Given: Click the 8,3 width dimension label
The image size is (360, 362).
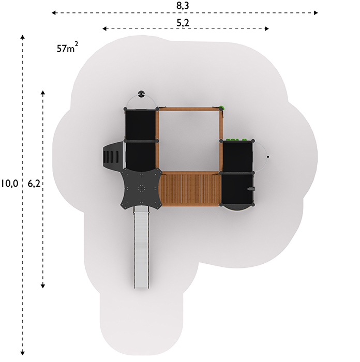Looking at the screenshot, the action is coord(183,5).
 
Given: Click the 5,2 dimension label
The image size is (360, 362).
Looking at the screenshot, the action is coord(183,23).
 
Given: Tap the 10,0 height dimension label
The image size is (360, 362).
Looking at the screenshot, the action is coord(9,184).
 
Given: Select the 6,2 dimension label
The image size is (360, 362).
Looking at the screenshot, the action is coord(34,184).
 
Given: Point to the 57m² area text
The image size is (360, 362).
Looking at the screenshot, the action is coord(67,48).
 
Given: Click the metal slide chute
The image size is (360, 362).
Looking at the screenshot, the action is coord(141,247).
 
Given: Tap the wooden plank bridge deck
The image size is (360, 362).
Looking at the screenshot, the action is coord(190,189).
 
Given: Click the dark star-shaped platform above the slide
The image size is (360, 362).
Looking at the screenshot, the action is coord(141,188).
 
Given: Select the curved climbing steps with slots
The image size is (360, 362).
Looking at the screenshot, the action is coord(113,156).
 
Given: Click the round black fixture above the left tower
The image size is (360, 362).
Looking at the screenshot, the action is coord(141,94).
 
